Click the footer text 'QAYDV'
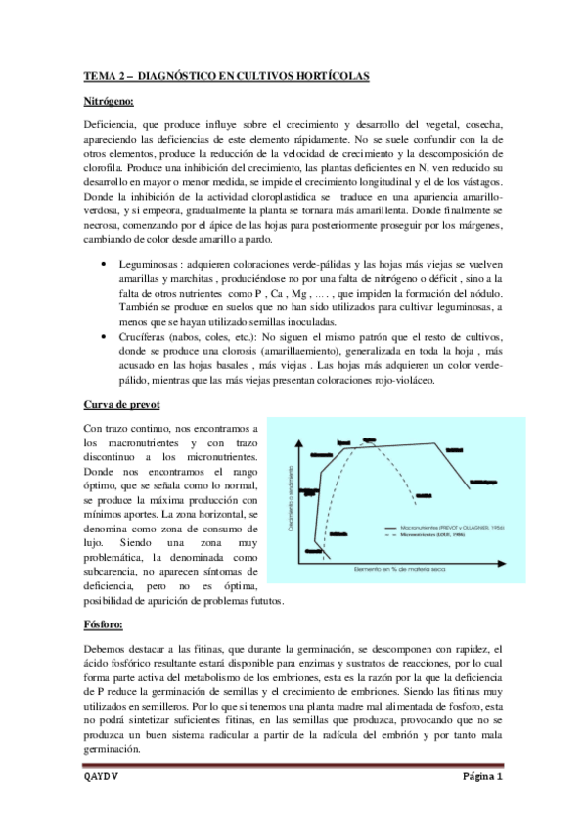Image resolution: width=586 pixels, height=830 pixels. (x=100, y=778)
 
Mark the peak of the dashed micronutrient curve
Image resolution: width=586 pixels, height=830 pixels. (x=370, y=441)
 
